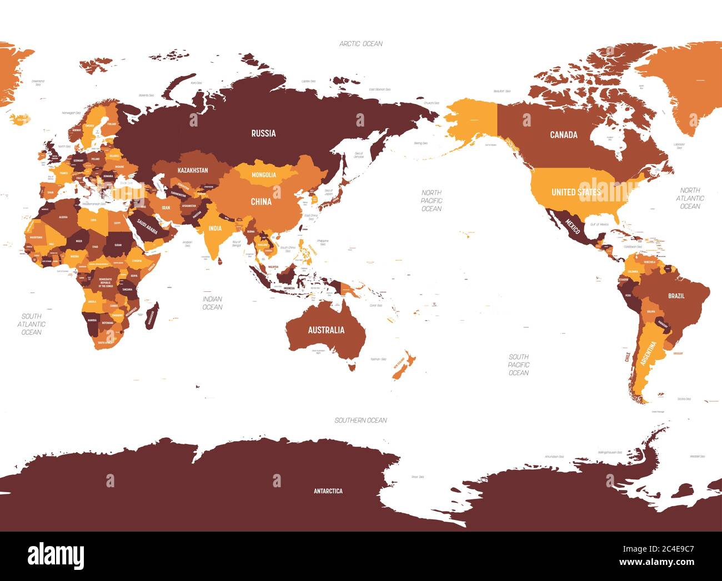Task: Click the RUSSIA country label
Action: tap(263, 133)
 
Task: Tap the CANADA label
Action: tap(563, 135)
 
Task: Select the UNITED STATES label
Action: tap(576, 192)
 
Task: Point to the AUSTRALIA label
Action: tap(326, 330)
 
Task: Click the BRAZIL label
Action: tap(676, 296)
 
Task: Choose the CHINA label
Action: tap(261, 201)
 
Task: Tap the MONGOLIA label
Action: tap(264, 175)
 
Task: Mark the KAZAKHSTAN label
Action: tap(193, 170)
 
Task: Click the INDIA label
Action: tap(215, 228)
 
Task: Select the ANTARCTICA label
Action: tap(328, 491)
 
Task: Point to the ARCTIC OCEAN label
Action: tap(361, 43)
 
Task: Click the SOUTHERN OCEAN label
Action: tap(360, 420)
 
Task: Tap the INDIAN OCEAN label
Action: tap(212, 303)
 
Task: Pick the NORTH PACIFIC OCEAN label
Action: tap(431, 200)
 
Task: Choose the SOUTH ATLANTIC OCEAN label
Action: tap(31, 324)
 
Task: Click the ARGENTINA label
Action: tap(648, 353)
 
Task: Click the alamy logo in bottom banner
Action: tap(56, 555)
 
